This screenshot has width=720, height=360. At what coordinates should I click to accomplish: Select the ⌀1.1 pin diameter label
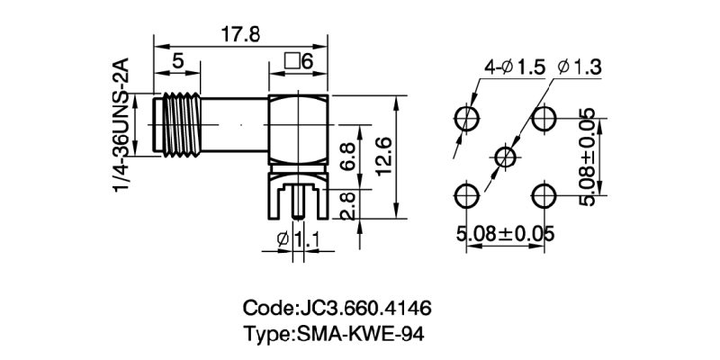tap(301, 238)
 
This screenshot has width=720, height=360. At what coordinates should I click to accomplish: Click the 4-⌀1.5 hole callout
tap(514, 66)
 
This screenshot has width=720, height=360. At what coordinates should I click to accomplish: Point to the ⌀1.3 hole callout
tap(580, 66)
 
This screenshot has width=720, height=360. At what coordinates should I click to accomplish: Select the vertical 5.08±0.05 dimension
tap(586, 157)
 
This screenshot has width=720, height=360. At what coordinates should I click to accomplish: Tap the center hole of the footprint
tap(506, 157)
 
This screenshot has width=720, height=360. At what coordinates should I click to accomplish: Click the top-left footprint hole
tap(467, 118)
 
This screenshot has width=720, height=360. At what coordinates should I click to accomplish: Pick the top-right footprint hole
tap(544, 118)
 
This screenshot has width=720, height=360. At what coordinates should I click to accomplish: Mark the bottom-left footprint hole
tap(467, 194)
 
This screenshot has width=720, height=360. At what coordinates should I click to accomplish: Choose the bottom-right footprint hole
tap(544, 194)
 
